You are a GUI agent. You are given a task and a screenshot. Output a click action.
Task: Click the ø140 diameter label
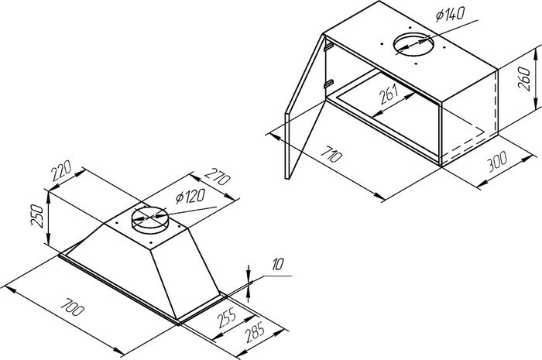click(x=450, y=14)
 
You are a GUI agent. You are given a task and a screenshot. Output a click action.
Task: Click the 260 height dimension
click(x=525, y=79)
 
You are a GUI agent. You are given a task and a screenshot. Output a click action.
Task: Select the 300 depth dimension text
click(x=497, y=161)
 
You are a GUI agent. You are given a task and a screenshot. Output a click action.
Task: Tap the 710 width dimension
click(x=331, y=154)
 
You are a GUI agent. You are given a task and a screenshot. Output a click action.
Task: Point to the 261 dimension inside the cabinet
click(x=389, y=94)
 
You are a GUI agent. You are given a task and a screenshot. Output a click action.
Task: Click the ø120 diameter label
click(x=190, y=196)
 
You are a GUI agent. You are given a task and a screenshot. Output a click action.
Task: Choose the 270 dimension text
click(x=218, y=177)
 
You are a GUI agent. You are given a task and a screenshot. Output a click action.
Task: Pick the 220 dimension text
click(x=61, y=170)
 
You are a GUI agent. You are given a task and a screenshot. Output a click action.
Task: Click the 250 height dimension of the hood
click(x=37, y=216)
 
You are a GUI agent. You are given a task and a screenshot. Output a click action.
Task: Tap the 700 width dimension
click(x=72, y=307)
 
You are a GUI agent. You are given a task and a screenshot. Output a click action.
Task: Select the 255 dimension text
click(x=227, y=317)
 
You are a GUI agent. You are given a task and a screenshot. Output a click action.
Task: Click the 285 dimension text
click(x=255, y=331)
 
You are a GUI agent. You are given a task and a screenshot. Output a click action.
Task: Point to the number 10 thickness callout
click(x=277, y=265)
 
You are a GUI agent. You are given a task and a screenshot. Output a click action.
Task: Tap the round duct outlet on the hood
click(x=150, y=221)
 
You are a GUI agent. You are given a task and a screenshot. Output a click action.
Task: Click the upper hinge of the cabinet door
click(x=328, y=46)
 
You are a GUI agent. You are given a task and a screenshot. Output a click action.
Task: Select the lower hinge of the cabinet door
click(x=329, y=84)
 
